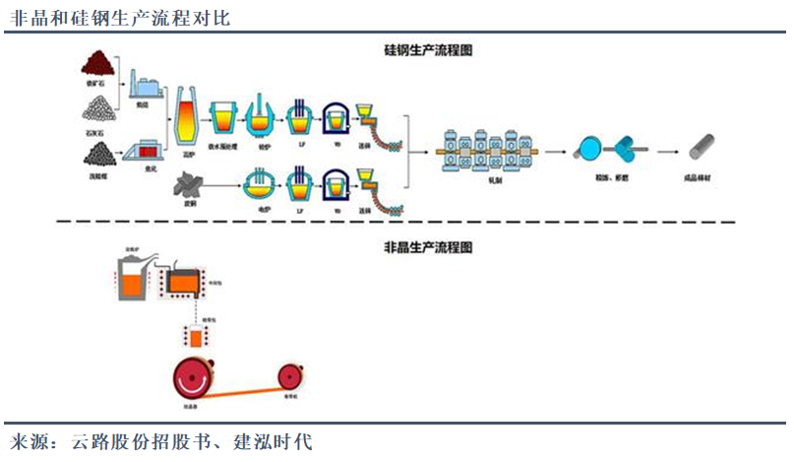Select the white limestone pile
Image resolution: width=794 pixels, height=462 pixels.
coord(96,109)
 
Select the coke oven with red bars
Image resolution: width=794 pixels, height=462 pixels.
coord(146,153)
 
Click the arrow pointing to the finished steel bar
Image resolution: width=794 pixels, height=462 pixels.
coord(668,151)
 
